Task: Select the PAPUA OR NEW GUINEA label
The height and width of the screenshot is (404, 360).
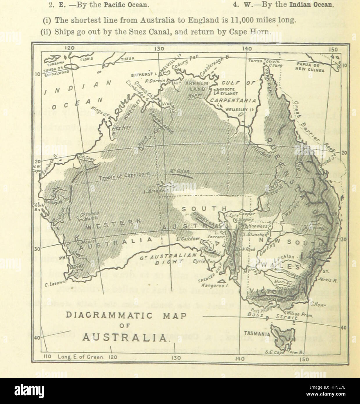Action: point(310,67)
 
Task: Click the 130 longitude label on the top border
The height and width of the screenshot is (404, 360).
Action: point(159,49)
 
